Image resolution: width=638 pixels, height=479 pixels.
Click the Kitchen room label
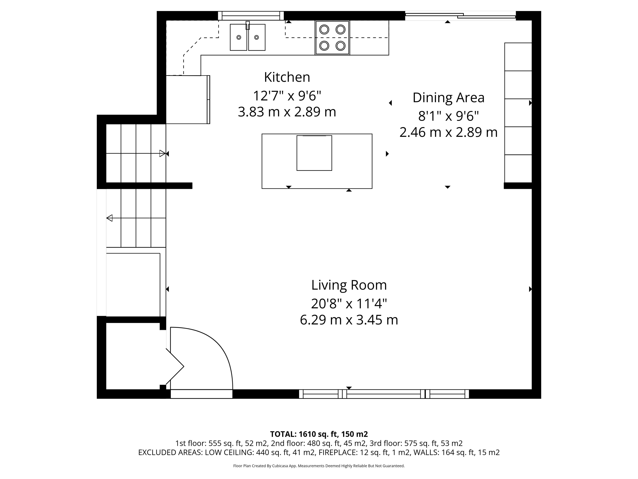(x=287, y=77)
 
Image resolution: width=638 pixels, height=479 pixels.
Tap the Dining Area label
(x=448, y=98)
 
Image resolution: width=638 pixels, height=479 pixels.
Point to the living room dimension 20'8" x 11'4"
(x=349, y=304)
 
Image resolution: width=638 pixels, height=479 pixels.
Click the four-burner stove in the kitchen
(x=332, y=38)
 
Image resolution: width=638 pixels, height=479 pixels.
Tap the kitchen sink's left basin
(x=239, y=37)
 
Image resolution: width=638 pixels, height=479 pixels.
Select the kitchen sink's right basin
(x=257, y=37)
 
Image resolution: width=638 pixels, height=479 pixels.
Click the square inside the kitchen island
(x=314, y=153)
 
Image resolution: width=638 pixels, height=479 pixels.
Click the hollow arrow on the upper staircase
(x=162, y=153)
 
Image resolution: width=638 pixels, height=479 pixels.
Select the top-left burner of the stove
(x=324, y=29)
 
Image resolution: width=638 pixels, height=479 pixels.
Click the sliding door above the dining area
(x=460, y=16)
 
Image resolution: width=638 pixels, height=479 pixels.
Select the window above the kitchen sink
(x=251, y=16)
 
